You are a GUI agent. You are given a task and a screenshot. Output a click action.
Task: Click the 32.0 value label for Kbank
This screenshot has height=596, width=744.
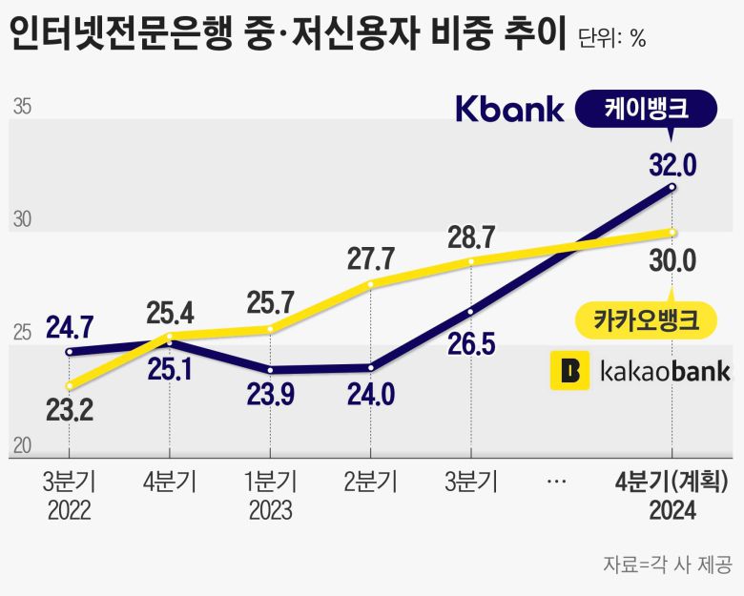click(x=672, y=166)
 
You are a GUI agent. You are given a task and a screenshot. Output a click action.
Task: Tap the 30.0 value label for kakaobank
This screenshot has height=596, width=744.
click(x=672, y=259)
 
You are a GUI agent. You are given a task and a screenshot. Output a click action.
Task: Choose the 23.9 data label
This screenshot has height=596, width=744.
click(x=271, y=394)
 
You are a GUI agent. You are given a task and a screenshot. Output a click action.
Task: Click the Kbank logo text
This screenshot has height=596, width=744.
click(x=509, y=109)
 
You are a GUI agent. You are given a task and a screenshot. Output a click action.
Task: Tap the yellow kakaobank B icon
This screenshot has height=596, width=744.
click(x=570, y=370)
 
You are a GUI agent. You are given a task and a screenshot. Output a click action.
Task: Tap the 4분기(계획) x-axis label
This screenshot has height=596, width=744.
click(x=672, y=482)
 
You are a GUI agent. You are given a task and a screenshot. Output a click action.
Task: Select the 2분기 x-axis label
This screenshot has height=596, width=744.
click(x=371, y=482)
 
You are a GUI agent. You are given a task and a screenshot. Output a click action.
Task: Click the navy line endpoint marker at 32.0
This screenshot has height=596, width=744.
click(x=672, y=187)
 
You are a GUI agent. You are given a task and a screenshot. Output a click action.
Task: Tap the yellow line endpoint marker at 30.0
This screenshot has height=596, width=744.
click(x=672, y=232)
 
